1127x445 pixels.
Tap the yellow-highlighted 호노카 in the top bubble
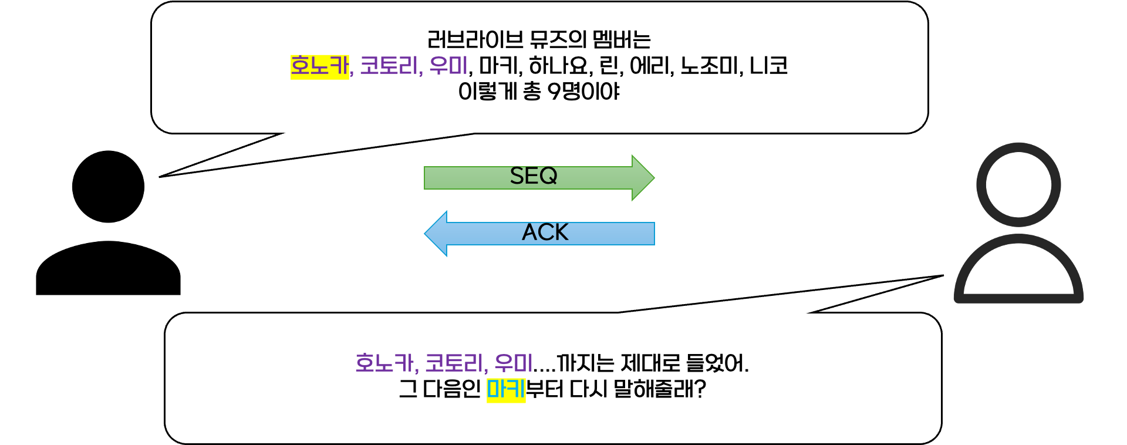click(x=319, y=66)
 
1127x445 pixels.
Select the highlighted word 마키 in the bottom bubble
click(x=505, y=389)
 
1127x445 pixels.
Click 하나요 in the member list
click(x=559, y=66)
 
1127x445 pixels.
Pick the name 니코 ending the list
click(x=768, y=66)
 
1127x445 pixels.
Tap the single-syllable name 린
click(x=610, y=66)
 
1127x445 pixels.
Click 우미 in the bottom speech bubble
click(x=513, y=363)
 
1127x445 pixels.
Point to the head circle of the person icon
click(x=1018, y=184)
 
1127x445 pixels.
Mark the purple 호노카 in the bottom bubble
click(x=385, y=363)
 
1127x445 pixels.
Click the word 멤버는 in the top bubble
click(x=621, y=40)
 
